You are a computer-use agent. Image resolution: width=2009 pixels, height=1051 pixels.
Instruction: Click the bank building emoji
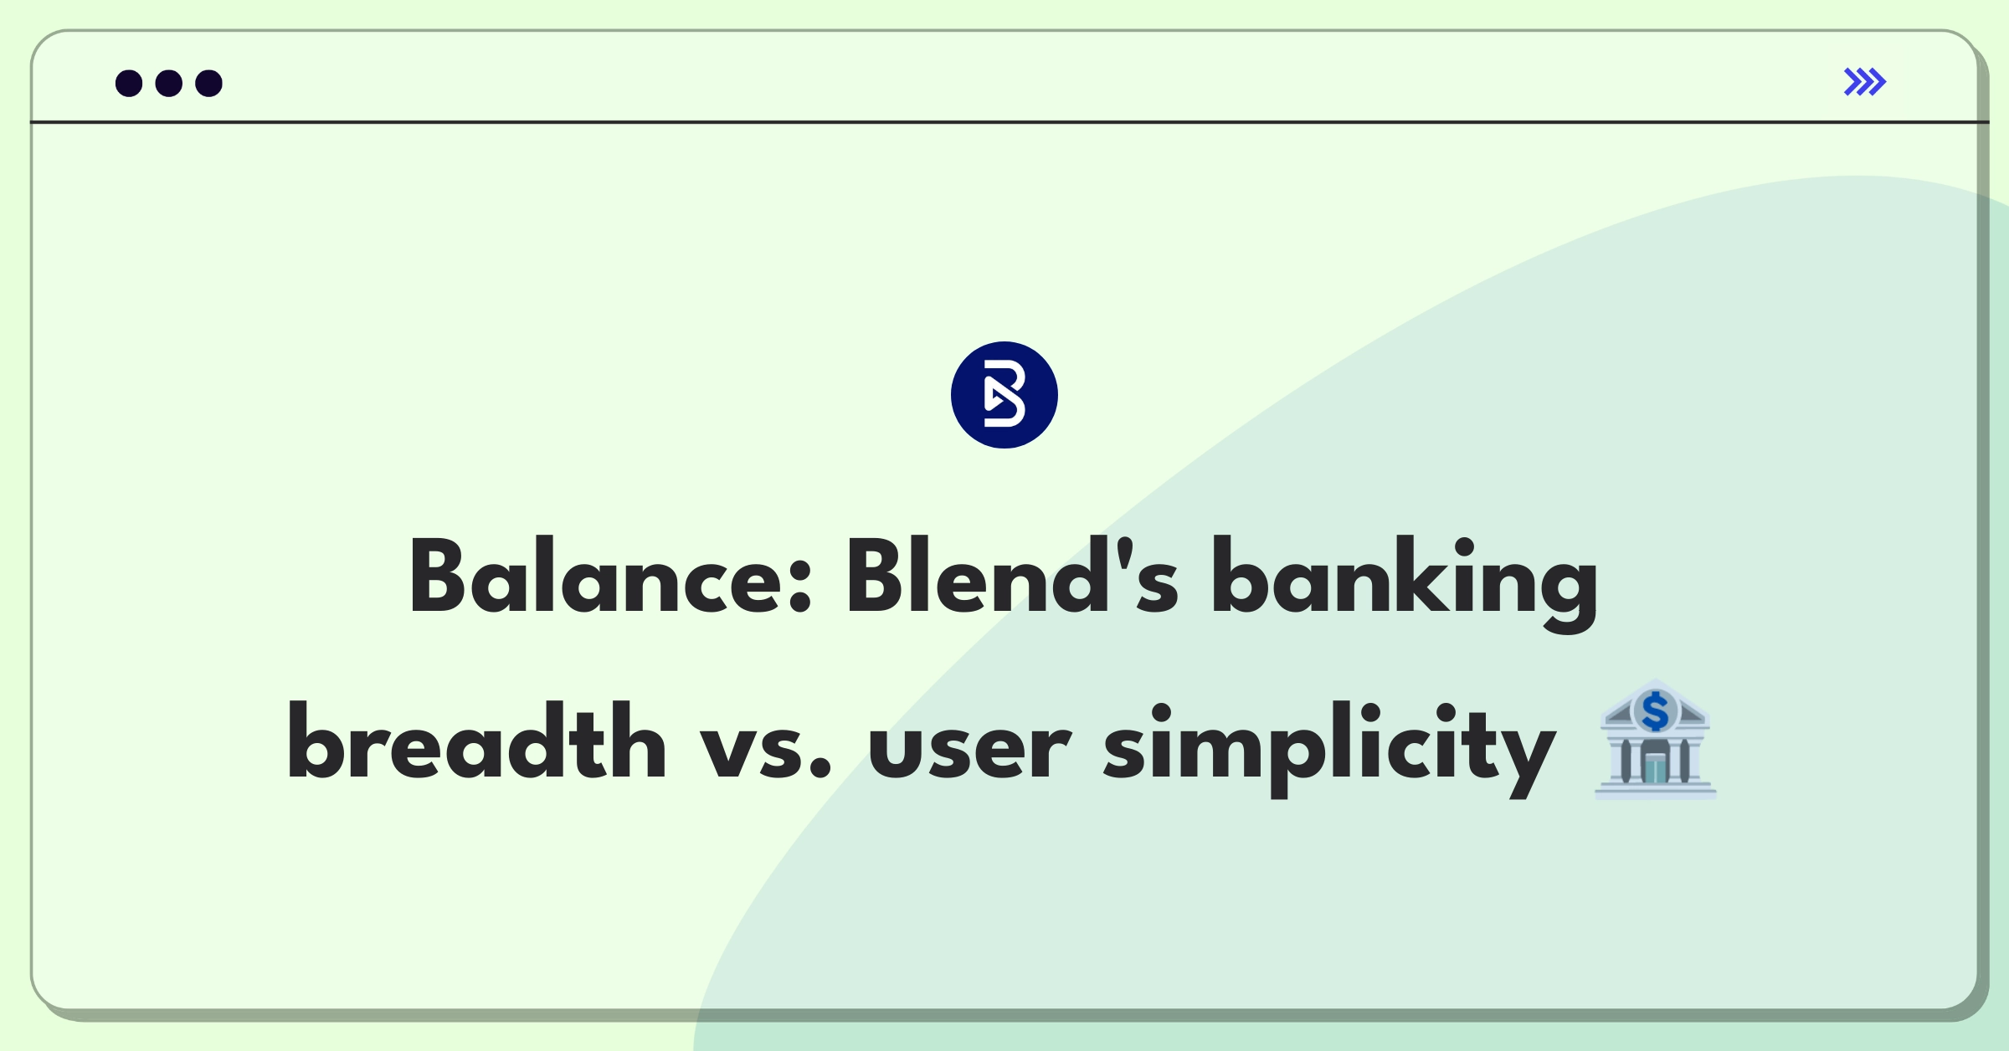[1655, 741]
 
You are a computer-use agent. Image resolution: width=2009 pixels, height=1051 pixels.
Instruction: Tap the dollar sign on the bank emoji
[1655, 712]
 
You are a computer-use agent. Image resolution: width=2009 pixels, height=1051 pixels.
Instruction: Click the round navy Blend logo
[1004, 395]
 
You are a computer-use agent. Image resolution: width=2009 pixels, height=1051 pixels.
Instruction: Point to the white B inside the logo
[1004, 395]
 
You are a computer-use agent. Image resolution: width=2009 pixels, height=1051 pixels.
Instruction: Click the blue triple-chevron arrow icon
[1864, 82]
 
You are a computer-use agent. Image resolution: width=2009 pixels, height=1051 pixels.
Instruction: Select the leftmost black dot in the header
[129, 84]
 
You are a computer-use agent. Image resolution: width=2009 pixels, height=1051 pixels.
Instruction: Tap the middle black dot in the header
[169, 84]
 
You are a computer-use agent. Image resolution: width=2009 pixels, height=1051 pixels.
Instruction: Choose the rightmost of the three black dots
[208, 84]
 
